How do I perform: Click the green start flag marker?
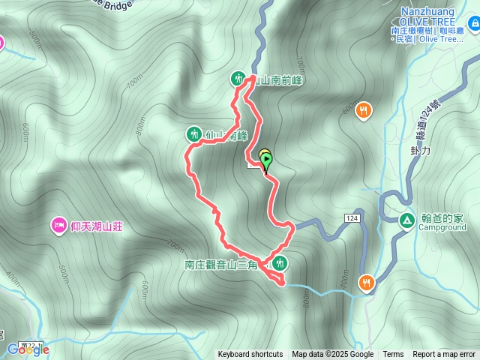click(x=266, y=159)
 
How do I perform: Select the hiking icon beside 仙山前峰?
click(x=193, y=134)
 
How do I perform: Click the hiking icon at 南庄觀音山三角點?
click(x=280, y=262)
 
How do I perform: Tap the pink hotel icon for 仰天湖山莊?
click(x=58, y=224)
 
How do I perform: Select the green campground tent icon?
click(x=406, y=220)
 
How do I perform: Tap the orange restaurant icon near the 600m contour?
click(x=364, y=111)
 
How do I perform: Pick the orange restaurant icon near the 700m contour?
click(x=367, y=283)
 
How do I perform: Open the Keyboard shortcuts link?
click(x=250, y=355)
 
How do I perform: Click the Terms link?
click(x=393, y=355)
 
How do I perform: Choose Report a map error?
click(x=444, y=355)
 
